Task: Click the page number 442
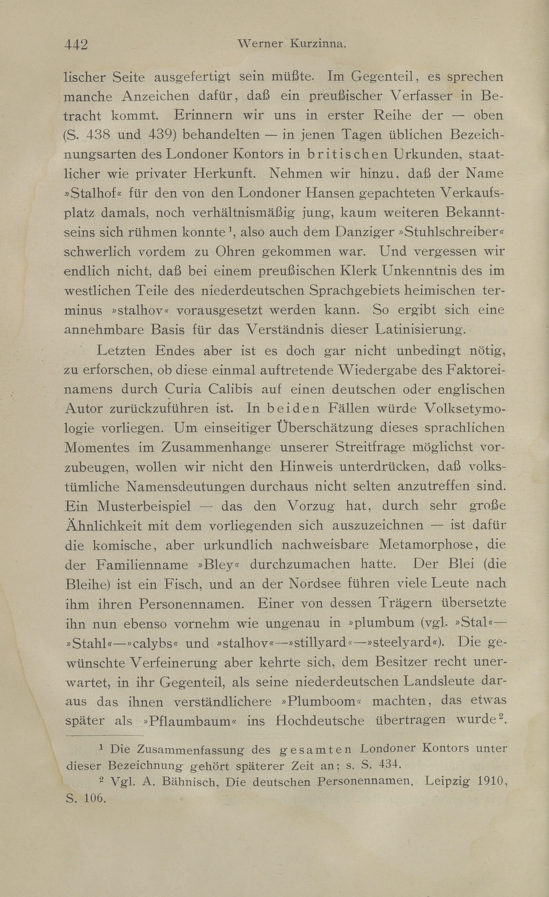pyautogui.click(x=76, y=45)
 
